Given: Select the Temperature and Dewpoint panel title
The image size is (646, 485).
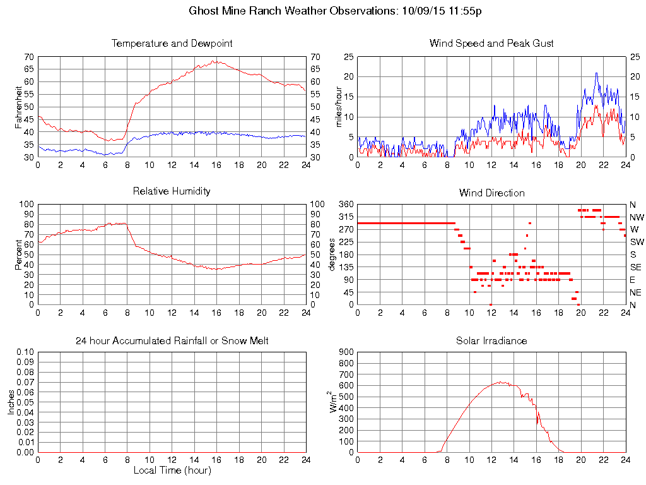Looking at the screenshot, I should coord(172,44).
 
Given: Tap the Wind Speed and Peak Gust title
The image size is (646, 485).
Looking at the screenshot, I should coord(491,44).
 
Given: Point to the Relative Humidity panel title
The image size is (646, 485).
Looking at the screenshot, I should coord(172,191).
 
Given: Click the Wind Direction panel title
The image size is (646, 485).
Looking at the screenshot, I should coord(491,193).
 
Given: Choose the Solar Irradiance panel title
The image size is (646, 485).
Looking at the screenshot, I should coord(491,341).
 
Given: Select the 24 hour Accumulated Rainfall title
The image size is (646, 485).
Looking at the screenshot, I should coord(172,341).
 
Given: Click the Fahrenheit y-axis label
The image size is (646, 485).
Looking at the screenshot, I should coord(19,107).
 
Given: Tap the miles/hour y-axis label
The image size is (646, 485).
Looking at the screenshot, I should coord(339,107).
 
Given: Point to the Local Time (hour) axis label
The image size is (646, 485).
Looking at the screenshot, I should coord(172,470).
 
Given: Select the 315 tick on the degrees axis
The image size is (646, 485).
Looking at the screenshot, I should coord(346,217).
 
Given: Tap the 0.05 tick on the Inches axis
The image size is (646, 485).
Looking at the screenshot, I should coord(25,402).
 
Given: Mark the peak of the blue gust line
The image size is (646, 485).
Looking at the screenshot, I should coord(596,73).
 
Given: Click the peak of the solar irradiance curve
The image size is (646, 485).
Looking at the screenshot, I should coord(500,381).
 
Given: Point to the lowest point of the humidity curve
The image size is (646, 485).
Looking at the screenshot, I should coord(216,270).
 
